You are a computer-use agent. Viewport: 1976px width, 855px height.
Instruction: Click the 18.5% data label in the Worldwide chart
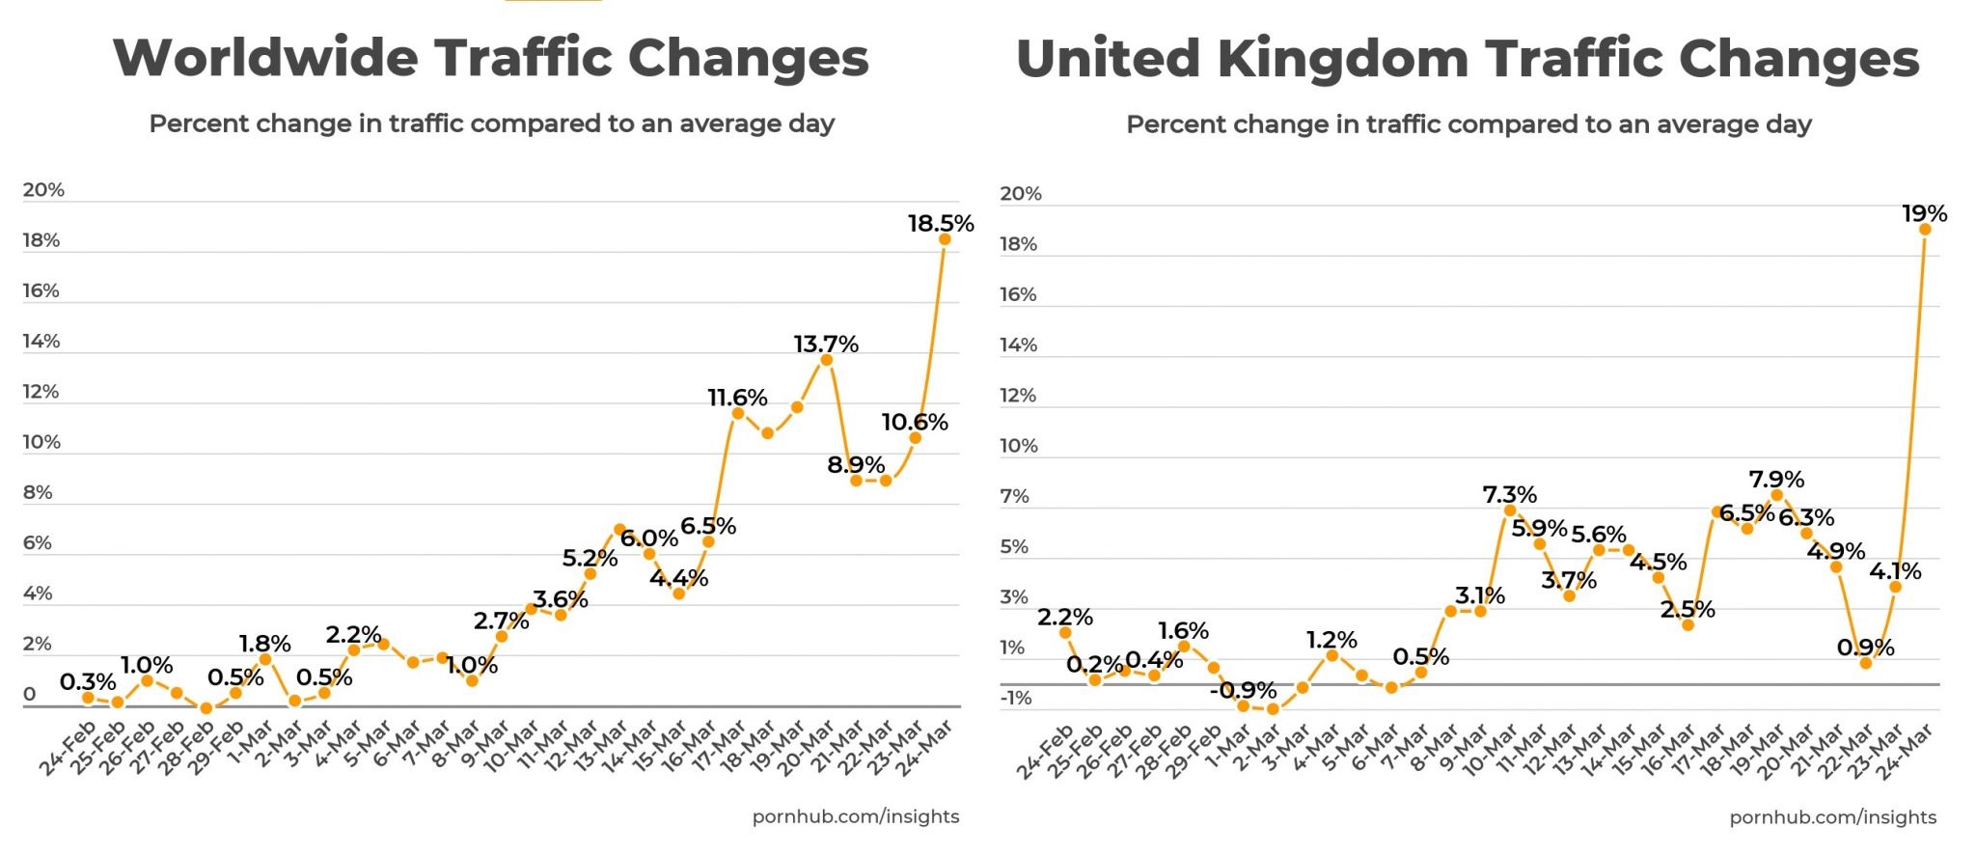[941, 224]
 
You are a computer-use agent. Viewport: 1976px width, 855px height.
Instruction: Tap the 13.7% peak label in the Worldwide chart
[826, 345]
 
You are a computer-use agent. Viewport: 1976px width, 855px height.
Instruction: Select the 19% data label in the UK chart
[1924, 213]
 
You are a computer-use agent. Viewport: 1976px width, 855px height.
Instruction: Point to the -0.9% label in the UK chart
[1243, 690]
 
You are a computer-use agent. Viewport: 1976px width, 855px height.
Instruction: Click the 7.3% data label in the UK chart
[1509, 495]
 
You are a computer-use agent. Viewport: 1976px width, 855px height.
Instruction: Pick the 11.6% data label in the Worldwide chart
[737, 398]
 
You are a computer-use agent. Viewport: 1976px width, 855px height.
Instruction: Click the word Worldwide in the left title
[265, 58]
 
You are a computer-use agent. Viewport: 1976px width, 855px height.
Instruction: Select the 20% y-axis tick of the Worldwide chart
[43, 190]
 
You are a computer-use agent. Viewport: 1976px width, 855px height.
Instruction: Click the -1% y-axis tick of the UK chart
[1015, 698]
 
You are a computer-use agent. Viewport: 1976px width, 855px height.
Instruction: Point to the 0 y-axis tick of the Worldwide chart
[30, 694]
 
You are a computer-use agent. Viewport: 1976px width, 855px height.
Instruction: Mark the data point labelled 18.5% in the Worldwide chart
[945, 239]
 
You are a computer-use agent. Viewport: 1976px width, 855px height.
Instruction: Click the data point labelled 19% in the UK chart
[1925, 230]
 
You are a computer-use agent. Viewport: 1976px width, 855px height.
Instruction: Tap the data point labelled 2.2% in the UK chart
[1065, 633]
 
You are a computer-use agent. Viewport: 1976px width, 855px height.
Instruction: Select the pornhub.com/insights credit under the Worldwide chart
[855, 816]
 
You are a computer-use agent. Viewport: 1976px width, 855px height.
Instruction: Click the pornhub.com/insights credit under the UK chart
[1832, 817]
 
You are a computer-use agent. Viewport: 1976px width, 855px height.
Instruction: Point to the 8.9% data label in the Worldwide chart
[856, 465]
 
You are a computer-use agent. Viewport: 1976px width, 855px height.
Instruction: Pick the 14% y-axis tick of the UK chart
[1018, 345]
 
